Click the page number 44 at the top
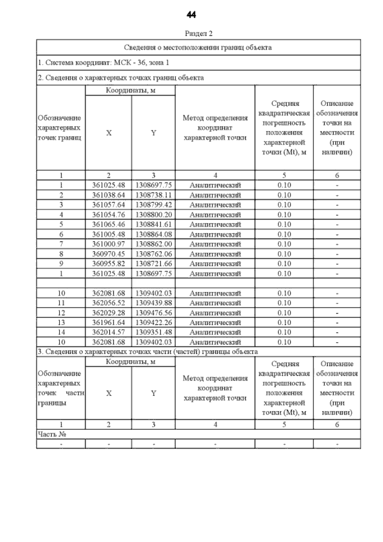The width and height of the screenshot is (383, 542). pyautogui.click(x=191, y=15)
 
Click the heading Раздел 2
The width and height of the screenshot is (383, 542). pyautogui.click(x=199, y=33)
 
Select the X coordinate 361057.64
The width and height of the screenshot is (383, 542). pyautogui.click(x=109, y=205)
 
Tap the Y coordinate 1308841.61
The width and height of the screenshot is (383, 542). pyautogui.click(x=154, y=225)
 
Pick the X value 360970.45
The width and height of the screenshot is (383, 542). pyautogui.click(x=109, y=254)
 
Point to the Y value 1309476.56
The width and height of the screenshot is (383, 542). pyautogui.click(x=154, y=313)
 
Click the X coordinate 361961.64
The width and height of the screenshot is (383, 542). pyautogui.click(x=109, y=323)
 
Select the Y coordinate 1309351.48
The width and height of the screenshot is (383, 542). pyautogui.click(x=154, y=332)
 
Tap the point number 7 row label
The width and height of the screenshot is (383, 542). pyautogui.click(x=61, y=244)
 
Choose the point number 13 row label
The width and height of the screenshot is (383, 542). pyautogui.click(x=61, y=323)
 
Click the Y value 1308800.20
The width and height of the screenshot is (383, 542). pyautogui.click(x=154, y=215)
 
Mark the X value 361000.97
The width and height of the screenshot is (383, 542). pyautogui.click(x=109, y=244)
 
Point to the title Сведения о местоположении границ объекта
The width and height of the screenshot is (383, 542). pyautogui.click(x=198, y=48)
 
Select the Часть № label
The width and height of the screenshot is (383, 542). pyautogui.click(x=52, y=434)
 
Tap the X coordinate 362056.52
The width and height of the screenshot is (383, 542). pyautogui.click(x=109, y=303)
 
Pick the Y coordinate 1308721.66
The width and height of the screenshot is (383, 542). pyautogui.click(x=154, y=264)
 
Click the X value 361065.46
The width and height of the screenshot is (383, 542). pyautogui.click(x=109, y=225)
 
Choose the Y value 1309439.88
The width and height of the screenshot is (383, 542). pyautogui.click(x=154, y=303)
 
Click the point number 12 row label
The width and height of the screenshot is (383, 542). pyautogui.click(x=61, y=313)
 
